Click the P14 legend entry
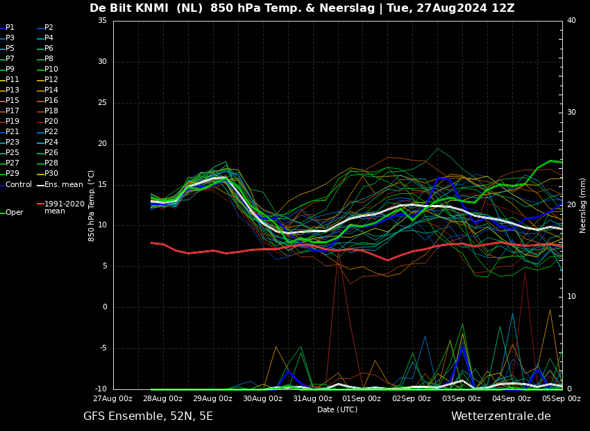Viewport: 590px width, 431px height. pyautogui.click(x=51, y=90)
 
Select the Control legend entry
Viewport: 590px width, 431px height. pyautogui.click(x=18, y=184)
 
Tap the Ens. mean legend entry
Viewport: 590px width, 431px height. pyautogui.click(x=63, y=184)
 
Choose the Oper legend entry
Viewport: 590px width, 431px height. pyautogui.click(x=14, y=212)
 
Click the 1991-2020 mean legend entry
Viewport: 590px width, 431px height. pyautogui.click(x=64, y=207)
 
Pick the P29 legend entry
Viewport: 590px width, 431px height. pyautogui.click(x=12, y=174)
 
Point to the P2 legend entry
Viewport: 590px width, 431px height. pyautogui.click(x=49, y=28)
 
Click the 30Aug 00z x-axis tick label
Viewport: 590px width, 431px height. pyautogui.click(x=262, y=398)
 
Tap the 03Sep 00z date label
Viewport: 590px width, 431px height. pyautogui.click(x=462, y=398)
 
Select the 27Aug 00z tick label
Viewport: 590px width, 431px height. pyautogui.click(x=113, y=398)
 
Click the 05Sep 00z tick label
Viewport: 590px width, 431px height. pyautogui.click(x=561, y=398)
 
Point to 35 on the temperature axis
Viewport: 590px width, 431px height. pyautogui.click(x=102, y=21)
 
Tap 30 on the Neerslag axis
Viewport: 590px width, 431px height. pyautogui.click(x=571, y=113)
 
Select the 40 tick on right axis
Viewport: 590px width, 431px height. pyautogui.click(x=571, y=21)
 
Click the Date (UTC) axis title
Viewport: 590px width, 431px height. pyautogui.click(x=337, y=409)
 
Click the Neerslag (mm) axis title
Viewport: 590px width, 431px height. pyautogui.click(x=583, y=205)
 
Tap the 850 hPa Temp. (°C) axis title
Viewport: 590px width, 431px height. pyautogui.click(x=92, y=205)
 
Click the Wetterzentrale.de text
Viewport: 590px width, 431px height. pyautogui.click(x=500, y=416)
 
